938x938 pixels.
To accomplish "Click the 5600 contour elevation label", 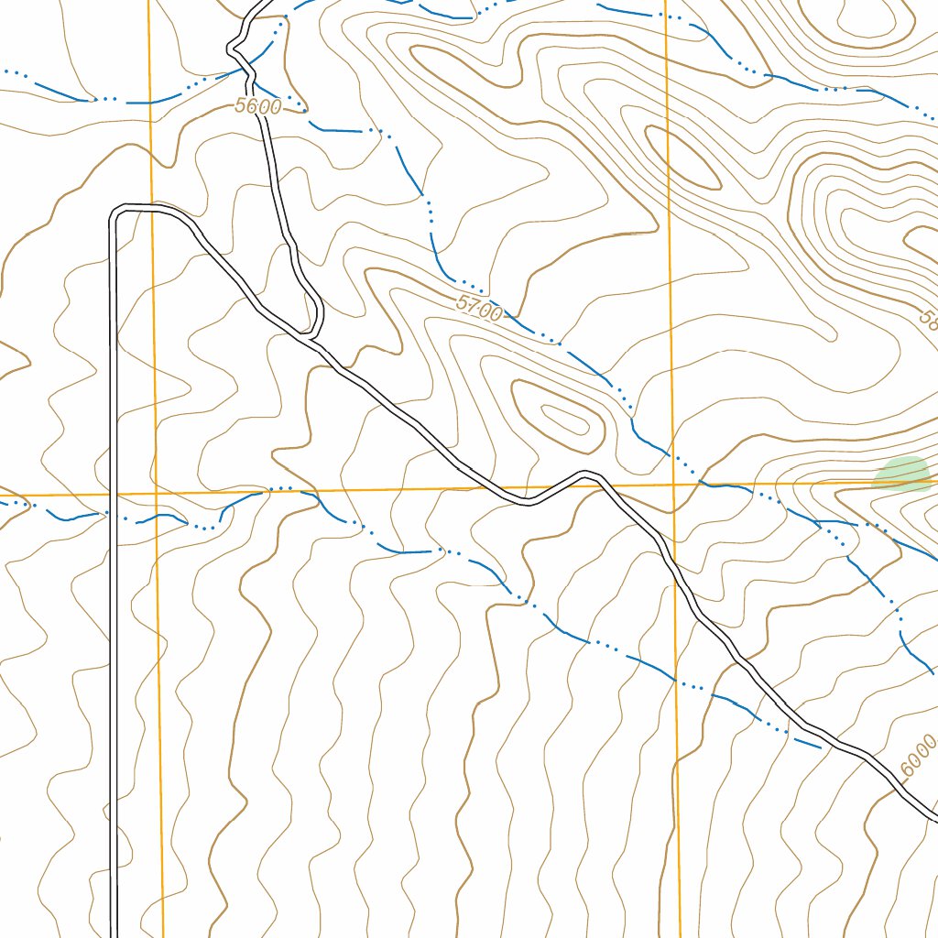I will point(257,106).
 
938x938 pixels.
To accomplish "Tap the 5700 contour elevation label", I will point(478,309).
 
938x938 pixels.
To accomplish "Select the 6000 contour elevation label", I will point(918,757).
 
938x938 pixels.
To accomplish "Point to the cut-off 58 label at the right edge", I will point(928,319).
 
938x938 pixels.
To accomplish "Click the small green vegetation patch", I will point(902,473).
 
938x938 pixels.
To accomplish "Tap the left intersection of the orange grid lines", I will point(157,494).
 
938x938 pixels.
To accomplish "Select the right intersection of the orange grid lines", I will point(673,485).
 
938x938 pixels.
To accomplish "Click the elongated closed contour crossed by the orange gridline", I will point(682,156).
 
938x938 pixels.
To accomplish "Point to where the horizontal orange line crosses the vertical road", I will point(114,495).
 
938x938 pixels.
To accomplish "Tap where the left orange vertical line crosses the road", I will point(151,210).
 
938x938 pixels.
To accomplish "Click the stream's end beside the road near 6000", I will point(818,746).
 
